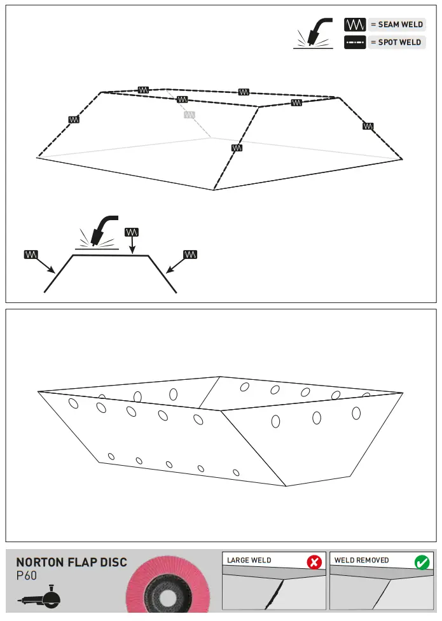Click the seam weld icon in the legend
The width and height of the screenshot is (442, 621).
tap(354, 25)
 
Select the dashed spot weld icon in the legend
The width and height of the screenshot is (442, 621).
tap(354, 43)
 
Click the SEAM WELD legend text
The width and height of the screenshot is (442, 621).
tap(396, 25)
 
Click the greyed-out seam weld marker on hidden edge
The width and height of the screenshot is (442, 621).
tap(189, 115)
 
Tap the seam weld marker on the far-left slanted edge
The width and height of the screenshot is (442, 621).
tap(74, 119)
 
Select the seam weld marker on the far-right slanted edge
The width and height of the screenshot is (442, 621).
tap(368, 126)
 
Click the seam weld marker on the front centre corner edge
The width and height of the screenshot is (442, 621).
tap(237, 148)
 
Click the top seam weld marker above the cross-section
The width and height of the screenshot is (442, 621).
tap(131, 232)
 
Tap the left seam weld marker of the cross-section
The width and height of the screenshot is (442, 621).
tap(31, 255)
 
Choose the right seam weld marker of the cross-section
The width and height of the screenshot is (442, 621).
tap(190, 255)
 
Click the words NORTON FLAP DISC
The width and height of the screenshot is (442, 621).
tap(71, 562)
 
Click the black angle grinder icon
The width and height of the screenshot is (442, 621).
tap(39, 598)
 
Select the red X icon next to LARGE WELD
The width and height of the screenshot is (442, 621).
tap(314, 562)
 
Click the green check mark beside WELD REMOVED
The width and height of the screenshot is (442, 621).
tap(422, 562)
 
